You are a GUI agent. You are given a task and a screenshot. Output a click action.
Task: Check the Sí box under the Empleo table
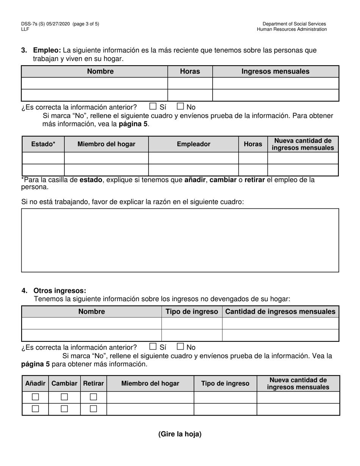pos(153,106)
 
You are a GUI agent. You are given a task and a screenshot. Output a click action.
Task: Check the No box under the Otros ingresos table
pos(180,346)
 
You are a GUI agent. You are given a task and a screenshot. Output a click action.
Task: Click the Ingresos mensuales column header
pos(275,71)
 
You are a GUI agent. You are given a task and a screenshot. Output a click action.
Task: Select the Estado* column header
pos(43,144)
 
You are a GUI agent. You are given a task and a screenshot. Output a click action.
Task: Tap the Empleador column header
pos(193,144)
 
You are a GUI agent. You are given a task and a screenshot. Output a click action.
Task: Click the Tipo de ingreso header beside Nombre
pos(192,311)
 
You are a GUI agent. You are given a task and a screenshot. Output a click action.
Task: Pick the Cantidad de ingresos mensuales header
pos(280,311)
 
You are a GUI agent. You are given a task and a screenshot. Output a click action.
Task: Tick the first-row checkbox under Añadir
pos(35,397)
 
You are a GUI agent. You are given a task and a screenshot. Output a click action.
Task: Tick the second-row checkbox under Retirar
pos(93,409)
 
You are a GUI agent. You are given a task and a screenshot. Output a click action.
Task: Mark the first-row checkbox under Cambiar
pos(64,397)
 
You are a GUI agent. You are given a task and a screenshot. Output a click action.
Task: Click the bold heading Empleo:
pos(47,50)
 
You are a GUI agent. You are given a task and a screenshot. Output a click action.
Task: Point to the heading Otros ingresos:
pos(60,291)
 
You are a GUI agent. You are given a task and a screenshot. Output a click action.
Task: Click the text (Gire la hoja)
pos(180,434)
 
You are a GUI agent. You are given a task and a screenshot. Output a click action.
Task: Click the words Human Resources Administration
pos(292,29)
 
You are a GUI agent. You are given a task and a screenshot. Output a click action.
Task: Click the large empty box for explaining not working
pos(180,240)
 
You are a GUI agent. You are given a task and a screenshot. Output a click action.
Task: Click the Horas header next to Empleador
pos(253,144)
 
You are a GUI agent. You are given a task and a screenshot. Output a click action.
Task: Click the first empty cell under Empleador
pos(193,158)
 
